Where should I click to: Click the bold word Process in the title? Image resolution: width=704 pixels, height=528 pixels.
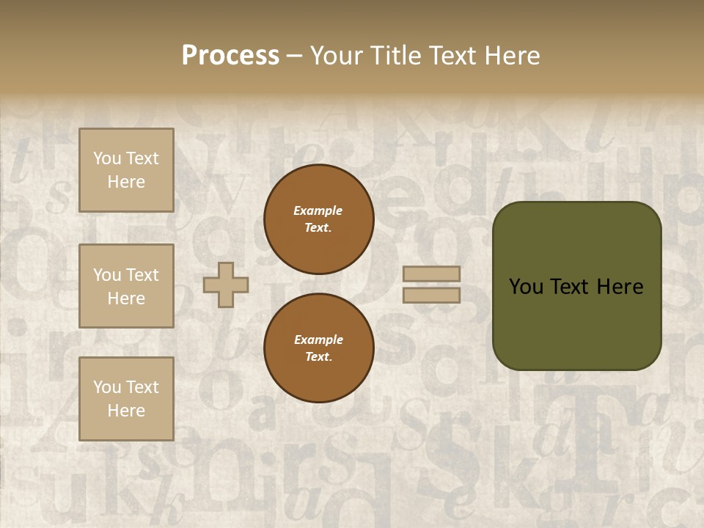[x=230, y=56]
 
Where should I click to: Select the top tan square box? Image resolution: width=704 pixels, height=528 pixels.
[x=126, y=170]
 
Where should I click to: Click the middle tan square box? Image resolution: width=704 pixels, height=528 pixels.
[x=126, y=286]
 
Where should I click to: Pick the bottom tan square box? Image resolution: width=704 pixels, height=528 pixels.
[x=126, y=399]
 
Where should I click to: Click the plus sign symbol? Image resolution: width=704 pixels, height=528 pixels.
[x=226, y=285]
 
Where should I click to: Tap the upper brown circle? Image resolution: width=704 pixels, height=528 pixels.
[x=318, y=219]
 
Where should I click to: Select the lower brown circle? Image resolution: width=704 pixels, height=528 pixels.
[x=318, y=348]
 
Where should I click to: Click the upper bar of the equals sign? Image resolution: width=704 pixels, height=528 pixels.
[x=432, y=274]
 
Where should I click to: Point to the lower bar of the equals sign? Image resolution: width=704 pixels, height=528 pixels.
[x=432, y=295]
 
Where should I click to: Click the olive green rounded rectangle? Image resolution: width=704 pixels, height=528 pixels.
[x=576, y=323]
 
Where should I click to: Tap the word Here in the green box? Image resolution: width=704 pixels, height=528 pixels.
[x=620, y=287]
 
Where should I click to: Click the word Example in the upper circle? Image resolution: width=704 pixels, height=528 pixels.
[x=318, y=210]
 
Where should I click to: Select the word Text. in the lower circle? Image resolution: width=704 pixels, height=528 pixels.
[x=318, y=357]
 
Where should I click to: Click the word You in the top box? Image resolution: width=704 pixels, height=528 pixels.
[x=106, y=158]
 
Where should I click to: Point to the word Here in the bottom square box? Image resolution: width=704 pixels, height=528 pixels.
[x=126, y=411]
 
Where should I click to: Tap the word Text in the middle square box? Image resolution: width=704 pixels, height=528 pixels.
[x=142, y=275]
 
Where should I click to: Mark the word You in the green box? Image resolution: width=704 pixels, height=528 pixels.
[x=526, y=287]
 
